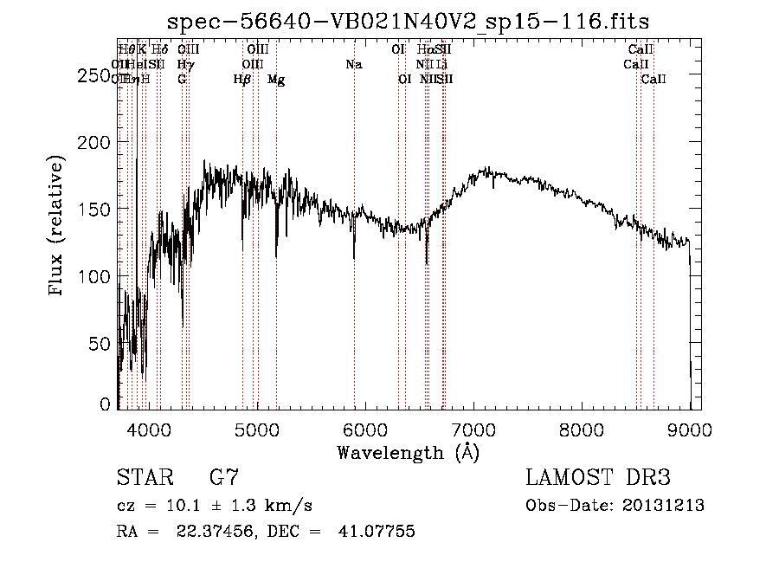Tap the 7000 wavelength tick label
tap(473, 430)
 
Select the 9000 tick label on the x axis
tap(690, 430)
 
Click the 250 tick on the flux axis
tap(93, 76)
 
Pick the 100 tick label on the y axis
tap(93, 276)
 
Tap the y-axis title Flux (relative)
tap(58, 227)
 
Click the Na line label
tap(353, 64)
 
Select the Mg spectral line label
tap(276, 80)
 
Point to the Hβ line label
tap(242, 80)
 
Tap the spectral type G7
tap(224, 478)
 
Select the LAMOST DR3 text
tap(598, 478)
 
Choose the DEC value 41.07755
tap(376, 532)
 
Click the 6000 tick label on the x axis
tap(365, 430)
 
